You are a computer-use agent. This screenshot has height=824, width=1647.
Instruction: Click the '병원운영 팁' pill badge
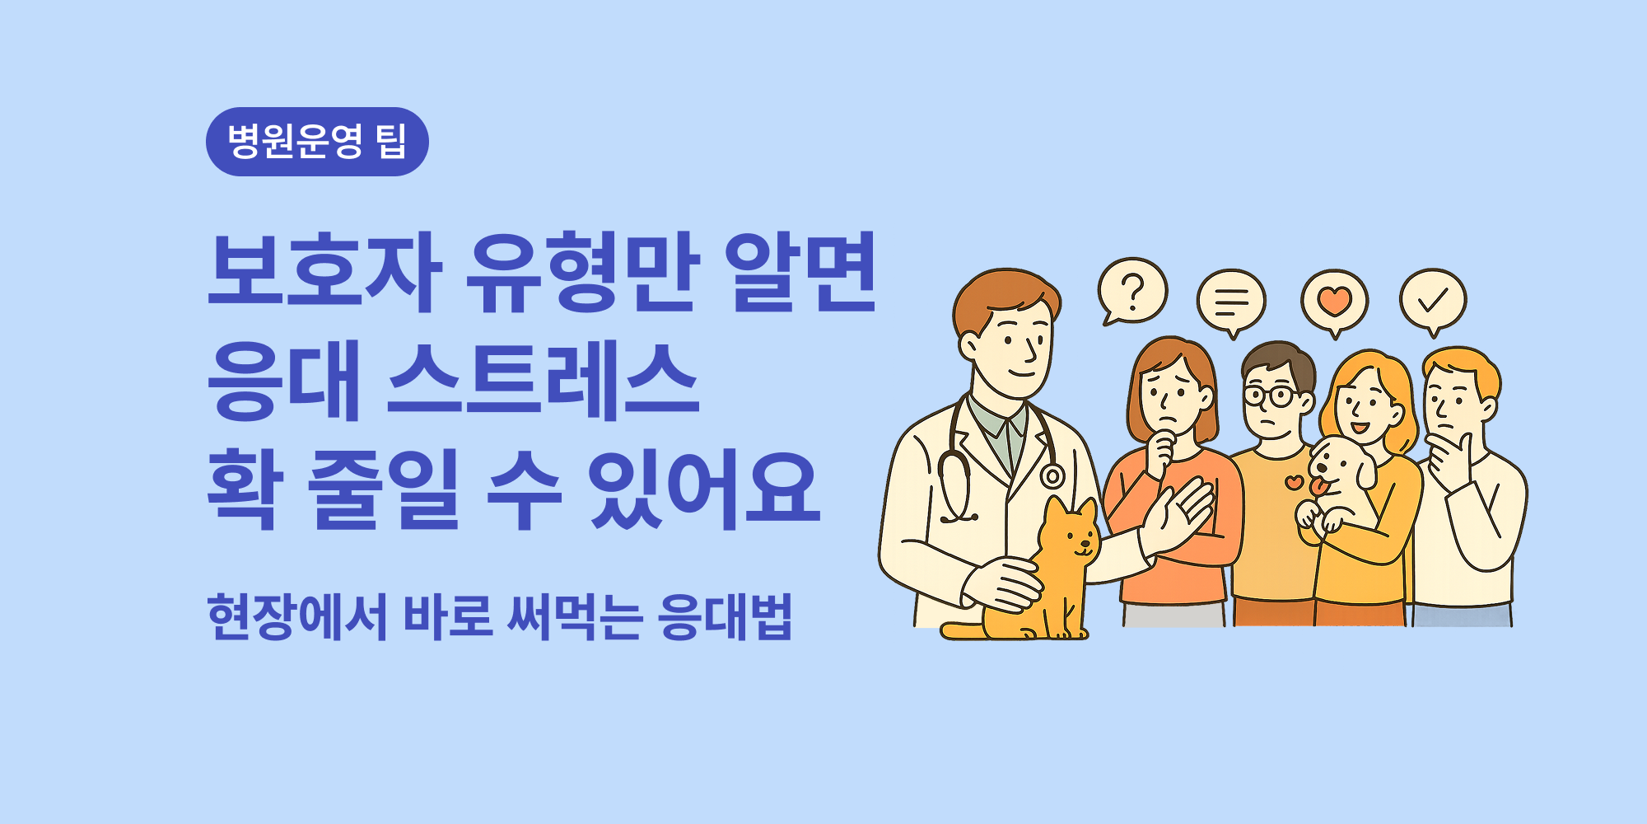317,142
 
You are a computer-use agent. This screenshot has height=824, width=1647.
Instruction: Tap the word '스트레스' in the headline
543,381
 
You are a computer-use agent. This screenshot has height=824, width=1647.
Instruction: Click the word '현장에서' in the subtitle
296,616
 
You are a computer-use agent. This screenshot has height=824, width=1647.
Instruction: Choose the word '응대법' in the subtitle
725,616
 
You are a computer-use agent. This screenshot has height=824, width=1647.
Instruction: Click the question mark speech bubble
1133,291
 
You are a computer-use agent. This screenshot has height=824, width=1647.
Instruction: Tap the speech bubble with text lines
1231,301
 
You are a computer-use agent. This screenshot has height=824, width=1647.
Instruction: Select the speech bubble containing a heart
1334,301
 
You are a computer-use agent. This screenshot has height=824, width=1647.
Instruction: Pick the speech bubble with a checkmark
1433,299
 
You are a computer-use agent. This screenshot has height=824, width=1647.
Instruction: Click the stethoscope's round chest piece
1052,476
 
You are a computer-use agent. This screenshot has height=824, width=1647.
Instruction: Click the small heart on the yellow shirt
1295,482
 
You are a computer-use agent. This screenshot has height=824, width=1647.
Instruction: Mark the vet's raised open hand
1182,515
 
